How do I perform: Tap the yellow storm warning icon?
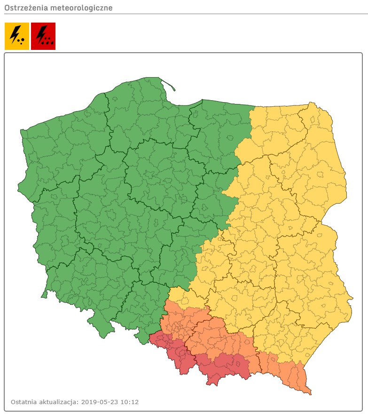point(17,36)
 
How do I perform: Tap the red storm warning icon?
point(43,36)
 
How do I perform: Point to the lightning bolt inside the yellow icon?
point(15,34)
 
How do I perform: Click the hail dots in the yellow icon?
point(21,41)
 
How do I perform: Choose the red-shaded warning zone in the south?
point(221,365)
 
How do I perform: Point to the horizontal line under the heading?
point(184,14)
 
